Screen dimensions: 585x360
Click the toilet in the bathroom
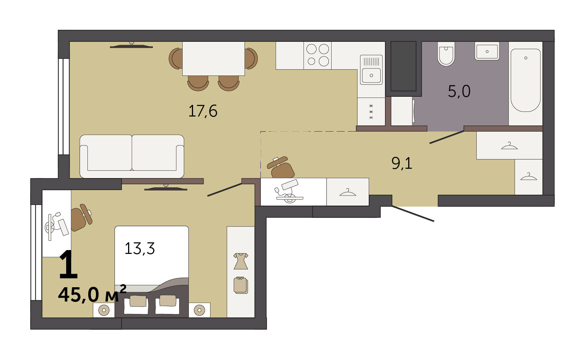[x=446, y=53]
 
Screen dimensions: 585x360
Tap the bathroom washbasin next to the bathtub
[x=487, y=51]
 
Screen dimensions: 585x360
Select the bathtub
[x=525, y=80]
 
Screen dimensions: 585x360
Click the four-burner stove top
[x=317, y=55]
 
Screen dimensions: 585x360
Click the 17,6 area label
[x=203, y=111]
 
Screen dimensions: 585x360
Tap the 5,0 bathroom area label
[x=459, y=91]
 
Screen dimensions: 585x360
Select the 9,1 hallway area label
[x=402, y=163]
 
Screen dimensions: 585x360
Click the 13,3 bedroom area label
[x=140, y=248]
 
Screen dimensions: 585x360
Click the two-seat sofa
[x=132, y=156]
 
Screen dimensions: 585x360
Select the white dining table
[x=213, y=58]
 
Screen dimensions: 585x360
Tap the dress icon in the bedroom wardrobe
[x=241, y=261]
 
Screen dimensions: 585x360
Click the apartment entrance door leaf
[x=413, y=214]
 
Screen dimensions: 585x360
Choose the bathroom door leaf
[x=447, y=137]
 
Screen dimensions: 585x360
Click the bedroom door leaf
[x=224, y=189]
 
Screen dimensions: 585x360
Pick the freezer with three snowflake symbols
[x=371, y=111]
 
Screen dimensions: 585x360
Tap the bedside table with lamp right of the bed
[x=200, y=310]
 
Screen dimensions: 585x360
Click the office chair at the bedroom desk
[x=81, y=218]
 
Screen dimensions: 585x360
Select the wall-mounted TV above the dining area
[x=132, y=45]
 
